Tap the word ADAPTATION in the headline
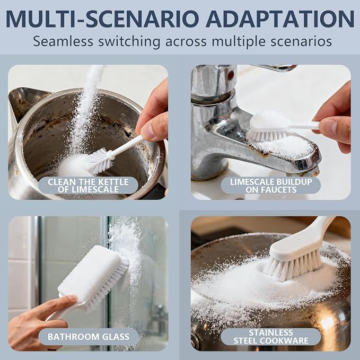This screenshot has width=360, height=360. (280, 19)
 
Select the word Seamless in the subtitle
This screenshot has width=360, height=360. (63, 41)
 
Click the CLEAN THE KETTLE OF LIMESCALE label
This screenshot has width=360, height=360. (88, 186)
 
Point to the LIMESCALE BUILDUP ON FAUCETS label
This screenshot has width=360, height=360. (271, 186)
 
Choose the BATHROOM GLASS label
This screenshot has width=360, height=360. (89, 337)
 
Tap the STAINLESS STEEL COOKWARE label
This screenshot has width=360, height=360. (271, 337)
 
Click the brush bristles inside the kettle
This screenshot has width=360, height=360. (100, 161)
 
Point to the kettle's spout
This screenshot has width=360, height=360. (25, 101)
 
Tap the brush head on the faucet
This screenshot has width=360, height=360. (267, 126)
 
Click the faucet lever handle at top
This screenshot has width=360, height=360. (273, 67)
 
